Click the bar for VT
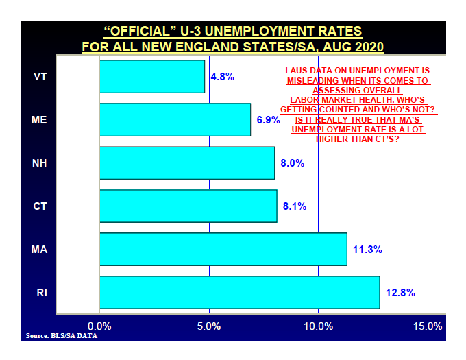[x=152, y=76]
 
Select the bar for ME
[x=175, y=119]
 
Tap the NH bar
[x=186, y=163]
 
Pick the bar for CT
[x=188, y=206]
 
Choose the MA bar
[x=223, y=249]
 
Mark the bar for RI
[x=239, y=292]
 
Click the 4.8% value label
[x=223, y=76]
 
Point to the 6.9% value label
[x=269, y=119]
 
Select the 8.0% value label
[x=293, y=163]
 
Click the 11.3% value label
[x=367, y=250]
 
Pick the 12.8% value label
[x=400, y=293]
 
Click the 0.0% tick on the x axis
[x=100, y=326]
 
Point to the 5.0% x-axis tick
[x=209, y=326]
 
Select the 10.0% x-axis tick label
[x=318, y=326]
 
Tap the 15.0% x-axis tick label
[x=428, y=326]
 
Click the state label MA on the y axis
[x=40, y=250]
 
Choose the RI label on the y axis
[x=41, y=293]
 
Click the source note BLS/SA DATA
[x=61, y=336]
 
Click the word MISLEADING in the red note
[x=316, y=80]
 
